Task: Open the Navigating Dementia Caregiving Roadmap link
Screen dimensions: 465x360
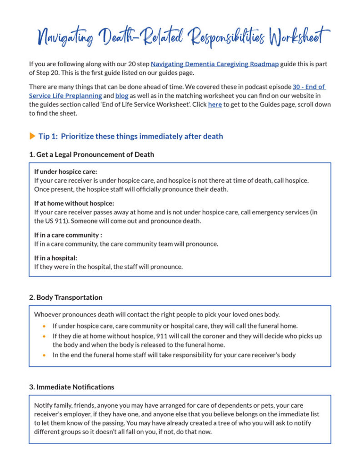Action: pos(215,64)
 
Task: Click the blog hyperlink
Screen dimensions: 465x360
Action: pos(122,96)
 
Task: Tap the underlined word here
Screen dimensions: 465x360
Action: pos(215,104)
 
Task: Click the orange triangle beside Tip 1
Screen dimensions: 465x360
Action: pos(32,136)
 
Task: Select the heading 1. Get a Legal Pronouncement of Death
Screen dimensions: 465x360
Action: pos(91,154)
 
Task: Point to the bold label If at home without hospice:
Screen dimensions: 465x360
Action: pos(74,203)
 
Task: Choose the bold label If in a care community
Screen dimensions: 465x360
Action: pos(68,235)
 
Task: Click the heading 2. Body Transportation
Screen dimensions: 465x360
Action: pos(65,297)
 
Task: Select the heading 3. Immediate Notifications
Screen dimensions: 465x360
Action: pos(71,387)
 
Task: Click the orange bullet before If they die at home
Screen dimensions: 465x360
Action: pos(44,336)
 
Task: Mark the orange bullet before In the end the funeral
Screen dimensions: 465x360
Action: pos(44,355)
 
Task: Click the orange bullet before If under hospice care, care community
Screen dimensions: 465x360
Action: pos(44,326)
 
